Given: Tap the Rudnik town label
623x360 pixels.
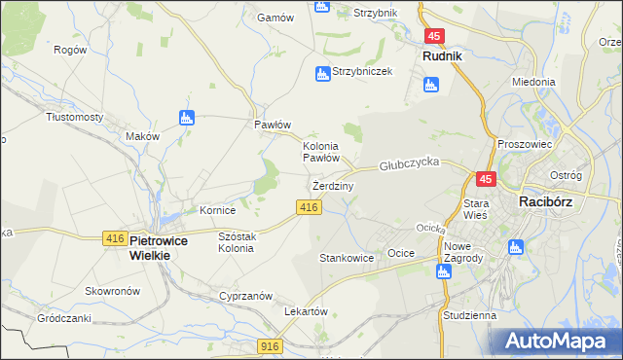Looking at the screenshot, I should point(442,56).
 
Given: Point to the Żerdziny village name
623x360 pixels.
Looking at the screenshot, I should point(333,185).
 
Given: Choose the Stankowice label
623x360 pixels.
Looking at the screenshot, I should point(347,259).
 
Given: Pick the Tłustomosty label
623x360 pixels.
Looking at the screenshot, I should point(75,117).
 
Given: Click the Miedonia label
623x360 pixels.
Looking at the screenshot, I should point(532,83).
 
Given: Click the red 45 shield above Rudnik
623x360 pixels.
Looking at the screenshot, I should point(434,36).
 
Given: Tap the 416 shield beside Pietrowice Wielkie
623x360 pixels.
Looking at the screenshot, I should point(114,238).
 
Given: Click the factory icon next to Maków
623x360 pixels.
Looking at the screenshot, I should point(188,119).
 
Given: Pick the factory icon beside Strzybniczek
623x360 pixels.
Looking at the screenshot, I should point(322,73).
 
